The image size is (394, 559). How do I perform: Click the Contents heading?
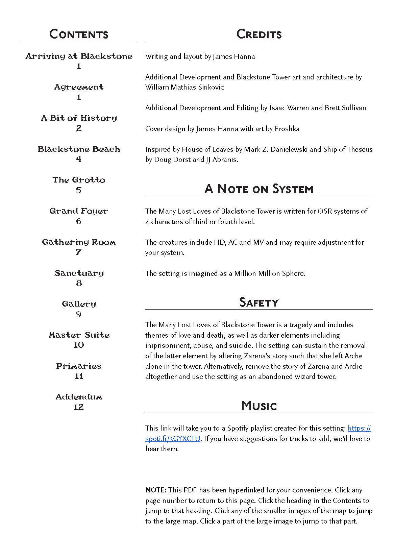(x=79, y=34)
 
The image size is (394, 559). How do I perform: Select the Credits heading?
(x=259, y=34)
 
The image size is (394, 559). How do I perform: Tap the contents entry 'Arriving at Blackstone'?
(x=79, y=56)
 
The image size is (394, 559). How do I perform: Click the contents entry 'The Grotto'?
(x=79, y=180)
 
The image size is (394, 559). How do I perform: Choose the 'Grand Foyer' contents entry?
(x=79, y=211)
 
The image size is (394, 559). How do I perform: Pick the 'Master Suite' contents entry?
(x=79, y=335)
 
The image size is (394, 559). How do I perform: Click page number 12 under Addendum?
(x=79, y=407)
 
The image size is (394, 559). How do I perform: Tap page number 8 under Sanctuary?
(x=79, y=283)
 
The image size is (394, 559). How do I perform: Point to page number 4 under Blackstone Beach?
(x=79, y=159)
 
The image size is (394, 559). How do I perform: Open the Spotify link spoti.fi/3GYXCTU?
(x=173, y=439)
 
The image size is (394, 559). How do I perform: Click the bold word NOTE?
(x=156, y=490)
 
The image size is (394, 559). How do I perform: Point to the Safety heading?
(x=259, y=302)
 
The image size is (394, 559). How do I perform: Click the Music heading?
(x=259, y=406)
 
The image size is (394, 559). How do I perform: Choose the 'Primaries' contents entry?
(x=79, y=366)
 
